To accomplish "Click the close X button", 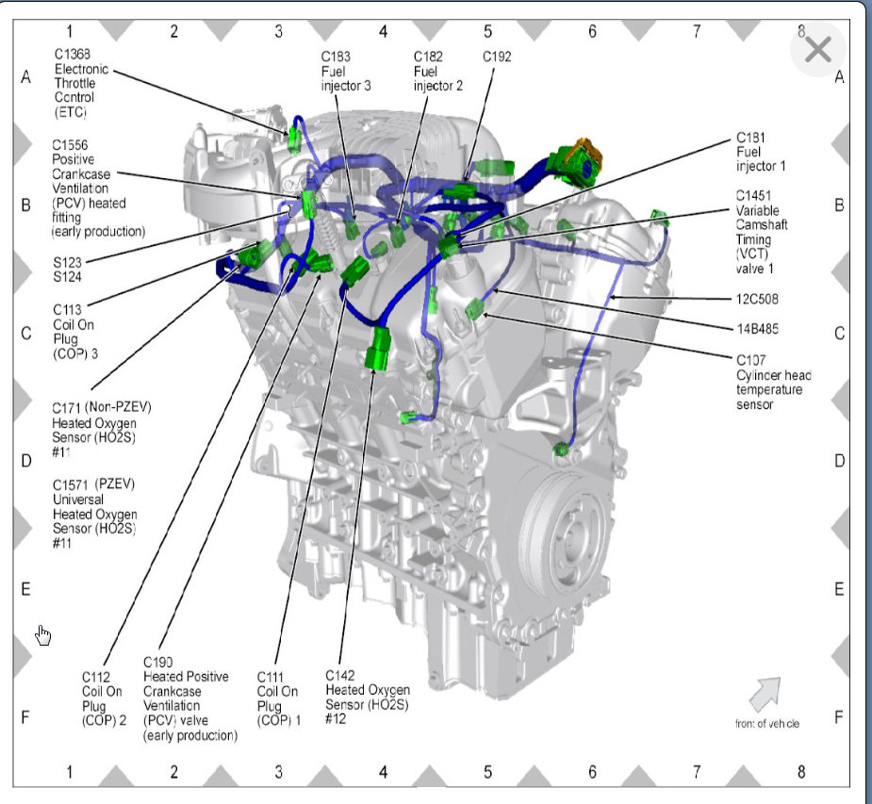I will (818, 49).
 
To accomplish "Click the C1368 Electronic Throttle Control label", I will (82, 90).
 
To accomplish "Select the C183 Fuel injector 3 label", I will (345, 71).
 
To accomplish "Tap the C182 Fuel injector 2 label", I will (438, 71).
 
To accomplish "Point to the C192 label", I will (497, 57).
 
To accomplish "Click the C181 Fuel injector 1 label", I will (761, 151).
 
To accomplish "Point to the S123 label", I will (69, 263).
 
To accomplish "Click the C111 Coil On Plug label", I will (278, 698).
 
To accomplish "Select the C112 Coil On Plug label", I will (104, 698).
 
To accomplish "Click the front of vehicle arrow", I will (765, 694).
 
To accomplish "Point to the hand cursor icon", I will (43, 635).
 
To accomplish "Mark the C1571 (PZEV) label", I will (94, 514).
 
